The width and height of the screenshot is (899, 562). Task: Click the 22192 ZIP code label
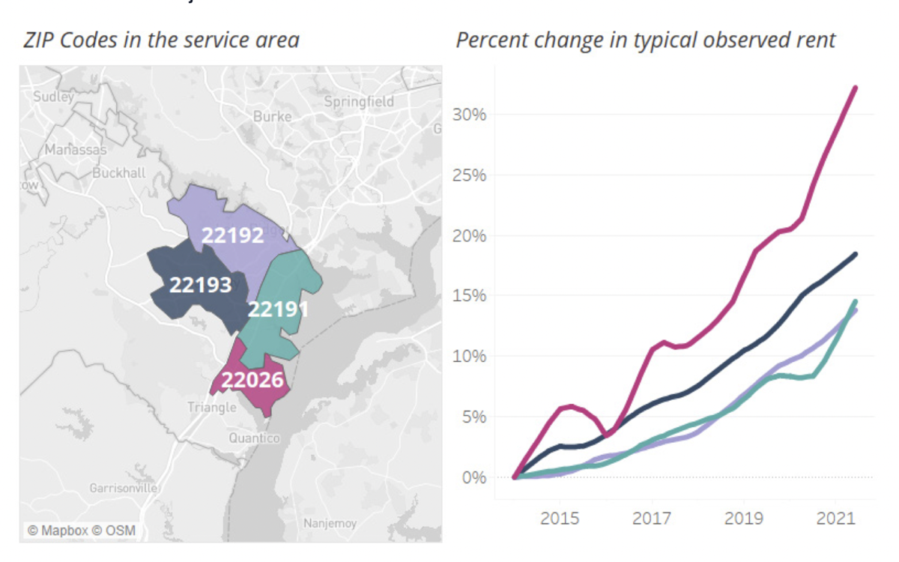click(x=233, y=235)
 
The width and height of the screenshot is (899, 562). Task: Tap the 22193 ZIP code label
click(x=200, y=285)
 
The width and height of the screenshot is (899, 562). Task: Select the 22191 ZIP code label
click(x=279, y=309)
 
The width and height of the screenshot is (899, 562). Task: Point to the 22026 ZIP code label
click(x=252, y=380)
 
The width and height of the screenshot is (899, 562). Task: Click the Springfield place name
click(x=359, y=101)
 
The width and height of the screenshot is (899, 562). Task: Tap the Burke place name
click(x=272, y=116)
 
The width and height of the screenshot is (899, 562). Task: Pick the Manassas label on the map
click(x=75, y=150)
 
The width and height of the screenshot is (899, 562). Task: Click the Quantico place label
click(x=254, y=438)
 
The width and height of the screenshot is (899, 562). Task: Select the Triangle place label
click(x=212, y=407)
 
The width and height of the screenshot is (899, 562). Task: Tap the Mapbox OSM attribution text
click(x=82, y=531)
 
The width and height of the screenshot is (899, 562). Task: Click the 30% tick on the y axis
click(x=469, y=115)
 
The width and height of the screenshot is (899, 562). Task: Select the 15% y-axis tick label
click(x=469, y=296)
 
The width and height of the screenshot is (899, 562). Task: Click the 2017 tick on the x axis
click(x=652, y=519)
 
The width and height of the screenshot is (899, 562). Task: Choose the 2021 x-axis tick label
click(x=836, y=519)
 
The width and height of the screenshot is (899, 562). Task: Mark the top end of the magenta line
click(x=855, y=88)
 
